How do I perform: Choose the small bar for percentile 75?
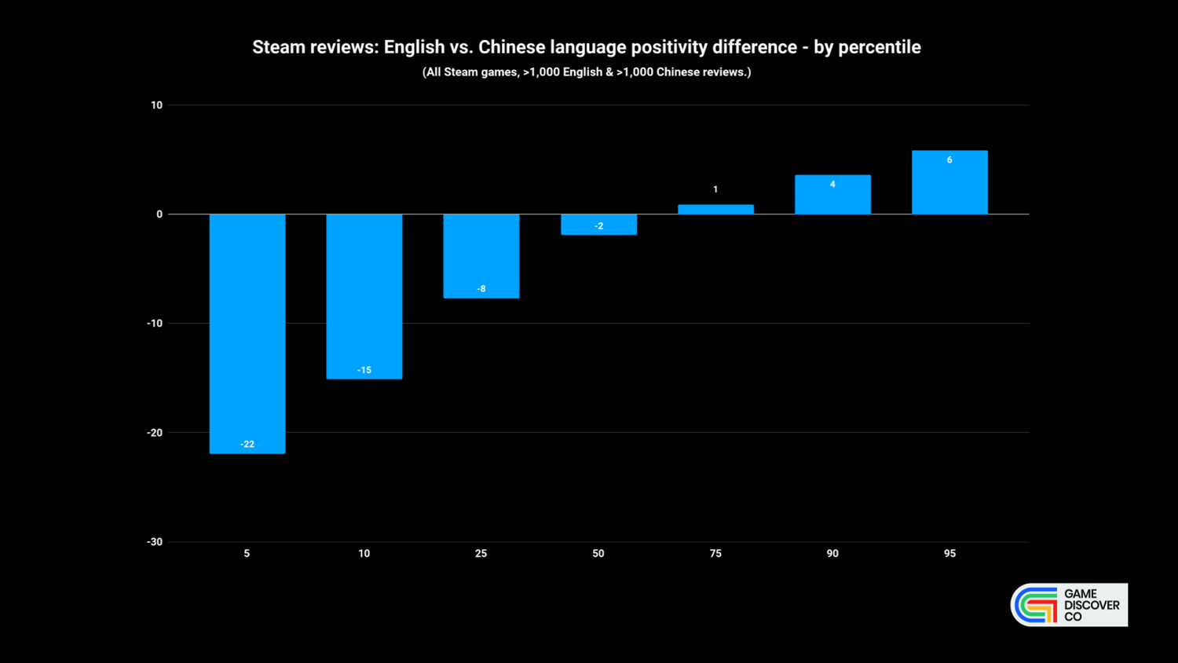click(x=715, y=209)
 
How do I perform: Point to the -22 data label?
click(x=247, y=445)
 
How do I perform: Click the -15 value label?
click(x=364, y=370)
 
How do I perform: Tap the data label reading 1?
click(x=715, y=189)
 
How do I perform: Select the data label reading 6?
click(x=949, y=160)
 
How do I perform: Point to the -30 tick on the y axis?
click(x=155, y=542)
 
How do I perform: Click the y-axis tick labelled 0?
click(x=159, y=214)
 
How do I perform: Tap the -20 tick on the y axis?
click(x=155, y=433)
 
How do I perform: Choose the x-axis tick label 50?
click(x=598, y=554)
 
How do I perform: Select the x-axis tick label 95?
click(x=949, y=554)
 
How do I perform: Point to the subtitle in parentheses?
click(x=587, y=72)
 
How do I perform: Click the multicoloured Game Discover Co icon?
click(x=1036, y=605)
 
